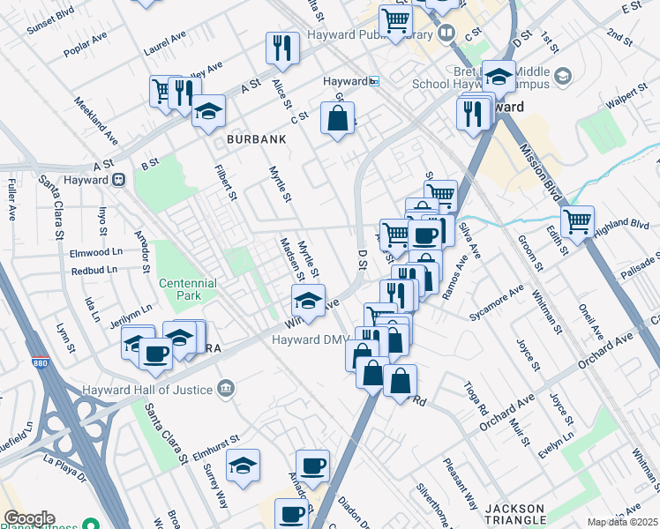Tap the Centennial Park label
click(x=187, y=290)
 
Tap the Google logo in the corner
click(x=28, y=518)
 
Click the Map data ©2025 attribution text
click(x=622, y=522)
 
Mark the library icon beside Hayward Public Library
click(x=447, y=34)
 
